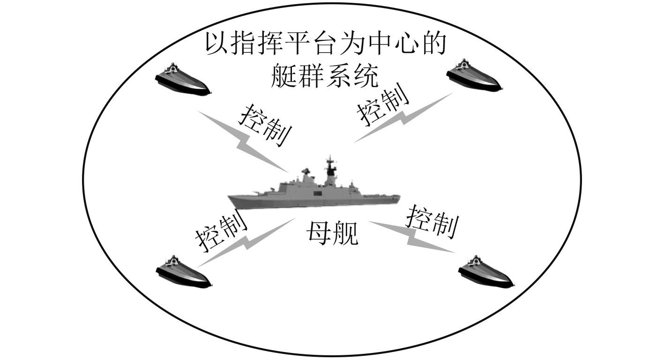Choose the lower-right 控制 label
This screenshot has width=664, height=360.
coord(432,222)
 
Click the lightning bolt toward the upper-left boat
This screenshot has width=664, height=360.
coord(243,141)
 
